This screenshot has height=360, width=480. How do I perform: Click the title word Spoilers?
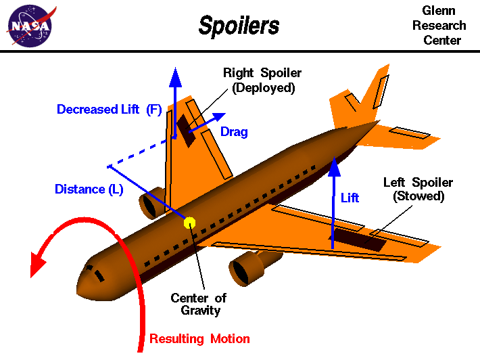[x=239, y=26]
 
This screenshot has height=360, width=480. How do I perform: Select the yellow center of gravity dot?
[x=190, y=222]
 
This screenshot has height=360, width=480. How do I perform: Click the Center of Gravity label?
[x=198, y=304]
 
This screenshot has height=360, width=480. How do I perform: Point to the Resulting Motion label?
[x=199, y=339]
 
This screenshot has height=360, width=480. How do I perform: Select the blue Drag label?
[x=234, y=132]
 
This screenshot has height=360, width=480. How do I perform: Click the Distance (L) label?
[x=89, y=189]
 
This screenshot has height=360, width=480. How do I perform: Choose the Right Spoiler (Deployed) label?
[x=263, y=80]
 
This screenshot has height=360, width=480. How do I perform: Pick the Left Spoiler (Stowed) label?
[x=418, y=189]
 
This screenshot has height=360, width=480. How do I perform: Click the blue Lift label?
[x=350, y=198]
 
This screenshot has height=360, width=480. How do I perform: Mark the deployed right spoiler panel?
[x=186, y=130]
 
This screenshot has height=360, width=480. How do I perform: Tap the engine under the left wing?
[x=247, y=267]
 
